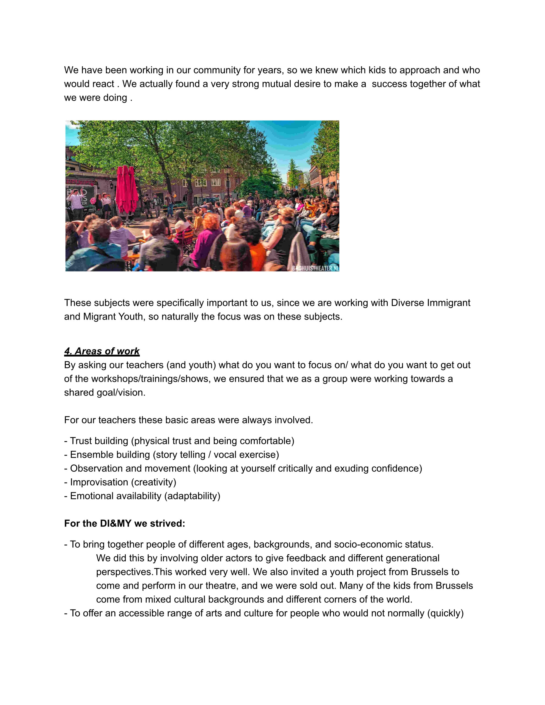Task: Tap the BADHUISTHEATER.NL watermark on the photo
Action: (315, 268)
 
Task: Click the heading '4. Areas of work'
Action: (102, 351)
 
